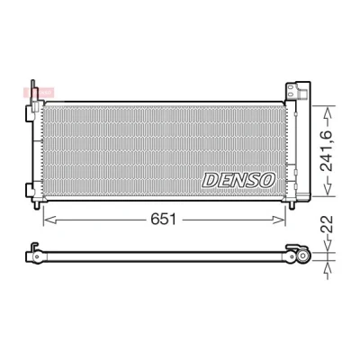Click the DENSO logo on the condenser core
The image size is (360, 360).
238,180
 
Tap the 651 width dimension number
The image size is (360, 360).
164,220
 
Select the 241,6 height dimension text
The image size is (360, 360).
327,151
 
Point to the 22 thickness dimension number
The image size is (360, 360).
327,224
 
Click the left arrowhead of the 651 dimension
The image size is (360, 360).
49,220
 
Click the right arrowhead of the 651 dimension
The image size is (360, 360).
279,220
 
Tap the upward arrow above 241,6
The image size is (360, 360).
328,117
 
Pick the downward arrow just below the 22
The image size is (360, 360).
328,243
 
